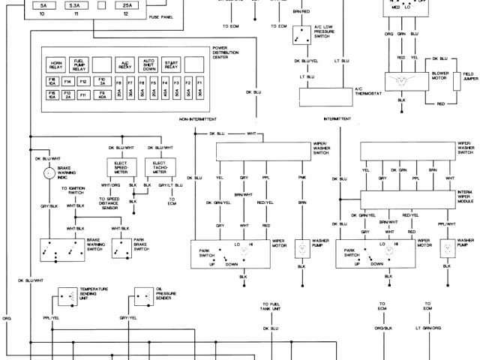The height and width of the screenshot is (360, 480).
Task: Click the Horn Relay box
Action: coord(55,64)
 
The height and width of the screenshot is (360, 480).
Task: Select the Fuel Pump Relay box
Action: coord(79,64)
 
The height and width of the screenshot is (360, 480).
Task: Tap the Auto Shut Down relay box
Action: coord(148,64)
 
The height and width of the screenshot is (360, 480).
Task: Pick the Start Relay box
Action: coord(171,64)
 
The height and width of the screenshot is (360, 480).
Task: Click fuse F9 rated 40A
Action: coord(103,94)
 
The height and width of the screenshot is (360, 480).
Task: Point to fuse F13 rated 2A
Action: coord(68,94)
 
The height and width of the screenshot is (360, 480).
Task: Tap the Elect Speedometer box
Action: coord(122,167)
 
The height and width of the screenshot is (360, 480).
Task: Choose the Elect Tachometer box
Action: coord(159,167)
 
